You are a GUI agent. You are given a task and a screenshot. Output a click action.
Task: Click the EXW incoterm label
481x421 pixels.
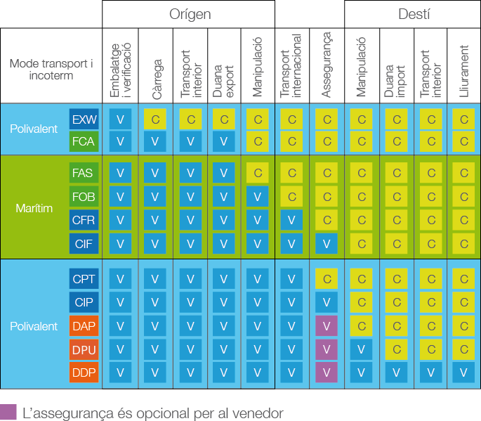(84, 119)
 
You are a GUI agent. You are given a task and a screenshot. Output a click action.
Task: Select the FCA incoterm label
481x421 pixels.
(84, 141)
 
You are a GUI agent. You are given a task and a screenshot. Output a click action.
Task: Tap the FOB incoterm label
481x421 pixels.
(84, 196)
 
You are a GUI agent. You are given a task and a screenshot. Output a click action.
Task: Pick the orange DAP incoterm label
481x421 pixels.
(84, 325)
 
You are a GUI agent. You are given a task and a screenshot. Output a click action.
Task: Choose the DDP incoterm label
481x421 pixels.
(84, 373)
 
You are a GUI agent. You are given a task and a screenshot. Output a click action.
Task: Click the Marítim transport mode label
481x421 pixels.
(34, 208)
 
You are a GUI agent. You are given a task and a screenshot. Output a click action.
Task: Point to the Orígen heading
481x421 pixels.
(190, 14)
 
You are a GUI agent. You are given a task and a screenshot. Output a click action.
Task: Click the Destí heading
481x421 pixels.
(414, 14)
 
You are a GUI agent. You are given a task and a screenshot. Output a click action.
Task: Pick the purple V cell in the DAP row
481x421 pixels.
(326, 325)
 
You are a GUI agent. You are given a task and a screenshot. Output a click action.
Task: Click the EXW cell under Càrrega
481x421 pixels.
(155, 119)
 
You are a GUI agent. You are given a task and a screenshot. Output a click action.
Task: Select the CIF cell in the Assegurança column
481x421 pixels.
(326, 244)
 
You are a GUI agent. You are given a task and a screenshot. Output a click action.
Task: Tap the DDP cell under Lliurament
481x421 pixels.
(463, 373)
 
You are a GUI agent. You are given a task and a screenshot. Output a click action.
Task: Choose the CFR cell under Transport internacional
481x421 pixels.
(291, 220)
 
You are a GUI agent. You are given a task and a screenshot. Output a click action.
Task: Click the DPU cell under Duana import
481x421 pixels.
(396, 349)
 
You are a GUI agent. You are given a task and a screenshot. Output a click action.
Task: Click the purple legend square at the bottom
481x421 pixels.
(8, 413)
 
